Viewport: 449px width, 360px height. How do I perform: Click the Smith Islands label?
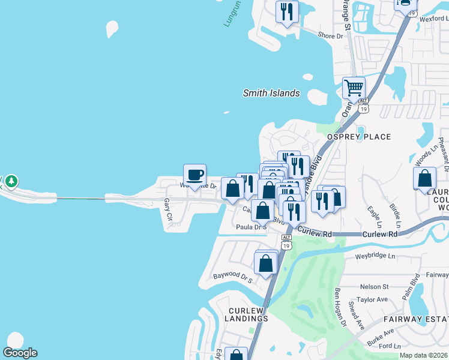[271, 93]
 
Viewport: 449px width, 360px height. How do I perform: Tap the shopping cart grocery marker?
[354, 88]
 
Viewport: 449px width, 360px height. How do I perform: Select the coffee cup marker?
[194, 175]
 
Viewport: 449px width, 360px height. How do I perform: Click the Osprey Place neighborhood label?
[358, 137]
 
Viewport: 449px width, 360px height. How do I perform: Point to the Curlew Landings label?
[247, 314]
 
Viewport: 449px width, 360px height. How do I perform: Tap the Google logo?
[20, 353]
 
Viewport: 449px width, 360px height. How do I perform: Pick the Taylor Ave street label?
[373, 299]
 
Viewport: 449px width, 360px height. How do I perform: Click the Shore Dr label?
[330, 36]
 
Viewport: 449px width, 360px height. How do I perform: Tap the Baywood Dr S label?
[232, 277]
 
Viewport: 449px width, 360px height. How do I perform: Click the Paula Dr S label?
[250, 227]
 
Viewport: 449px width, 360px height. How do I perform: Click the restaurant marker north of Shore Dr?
[287, 11]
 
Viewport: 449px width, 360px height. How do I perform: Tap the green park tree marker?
[11, 181]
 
